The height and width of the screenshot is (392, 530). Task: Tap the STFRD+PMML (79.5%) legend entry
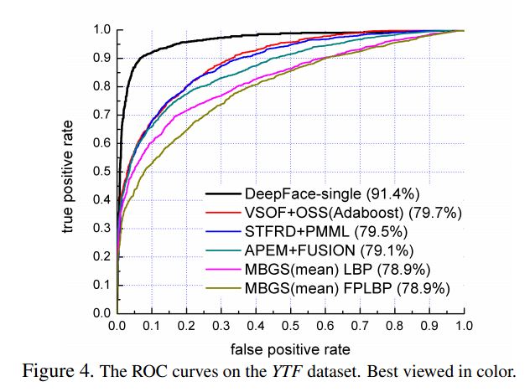tap(328, 232)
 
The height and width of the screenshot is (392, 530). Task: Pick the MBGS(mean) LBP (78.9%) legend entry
tap(335, 269)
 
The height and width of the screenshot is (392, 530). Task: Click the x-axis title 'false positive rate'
tap(290, 348)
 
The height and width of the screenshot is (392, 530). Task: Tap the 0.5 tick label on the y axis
tap(100, 172)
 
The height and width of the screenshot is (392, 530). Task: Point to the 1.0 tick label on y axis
tap(100, 30)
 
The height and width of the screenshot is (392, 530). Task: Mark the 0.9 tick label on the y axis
tap(100, 59)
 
